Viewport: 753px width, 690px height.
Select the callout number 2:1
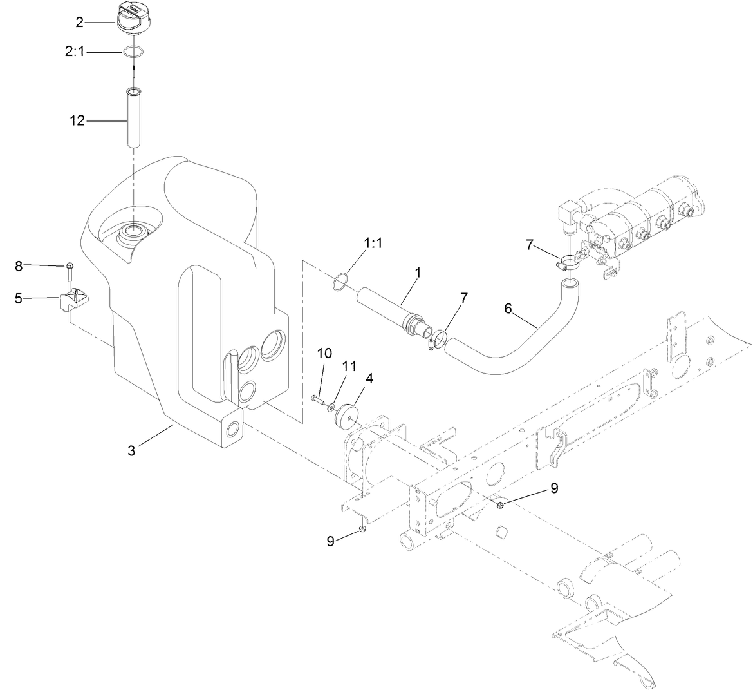pos(75,52)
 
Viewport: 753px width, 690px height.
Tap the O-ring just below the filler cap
pos(134,52)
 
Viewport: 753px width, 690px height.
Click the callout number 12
pos(77,120)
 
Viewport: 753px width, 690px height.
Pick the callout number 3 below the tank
pos(131,450)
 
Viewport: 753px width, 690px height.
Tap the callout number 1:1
pos(373,244)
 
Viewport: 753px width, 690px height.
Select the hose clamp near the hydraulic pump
pos(568,262)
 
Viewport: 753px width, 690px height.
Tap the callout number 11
pos(349,366)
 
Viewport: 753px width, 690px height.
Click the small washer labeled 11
pos(330,406)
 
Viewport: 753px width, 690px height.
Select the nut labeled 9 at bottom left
pos(363,529)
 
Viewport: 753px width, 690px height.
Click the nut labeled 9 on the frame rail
pos(500,504)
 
